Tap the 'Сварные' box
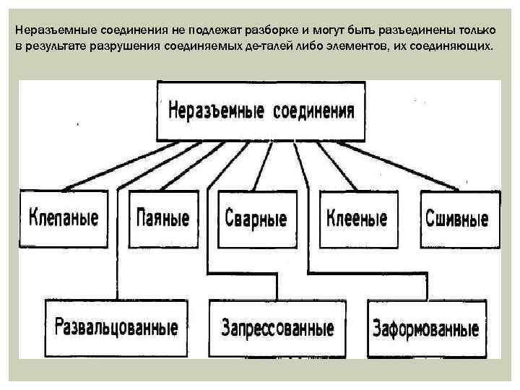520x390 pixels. pyautogui.click(x=256, y=218)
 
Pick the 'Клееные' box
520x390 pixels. pyautogui.click(x=357, y=217)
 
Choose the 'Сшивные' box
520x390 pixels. pyautogui.click(x=456, y=218)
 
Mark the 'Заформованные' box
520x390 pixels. pyautogui.click(x=425, y=329)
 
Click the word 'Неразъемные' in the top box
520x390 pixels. pyautogui.click(x=214, y=112)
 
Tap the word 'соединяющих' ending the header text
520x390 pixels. pyautogui.click(x=457, y=45)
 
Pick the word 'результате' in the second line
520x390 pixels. pyautogui.click(x=52, y=45)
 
